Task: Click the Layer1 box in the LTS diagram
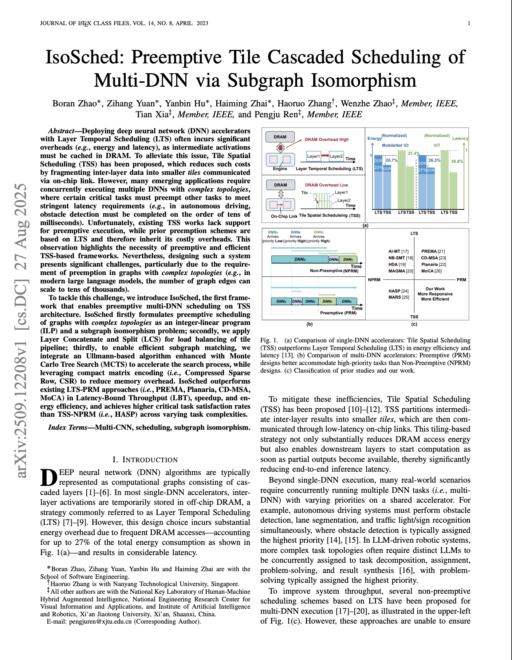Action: coord(313,156)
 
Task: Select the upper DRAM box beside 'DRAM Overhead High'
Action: coord(280,137)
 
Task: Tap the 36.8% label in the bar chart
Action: coord(457,161)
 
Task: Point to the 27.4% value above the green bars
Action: coord(414,153)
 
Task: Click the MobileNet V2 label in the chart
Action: coord(395,145)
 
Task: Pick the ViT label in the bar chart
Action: coord(437,145)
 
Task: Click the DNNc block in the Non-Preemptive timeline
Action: coord(348,259)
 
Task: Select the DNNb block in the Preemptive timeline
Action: coord(297,301)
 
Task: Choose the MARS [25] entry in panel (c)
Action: coord(399,297)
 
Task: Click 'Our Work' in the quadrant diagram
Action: coord(435,289)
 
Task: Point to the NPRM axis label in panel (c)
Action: coord(374,280)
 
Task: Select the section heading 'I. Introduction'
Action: coord(145,460)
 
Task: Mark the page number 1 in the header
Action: coord(469,23)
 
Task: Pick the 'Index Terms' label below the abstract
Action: coord(68,427)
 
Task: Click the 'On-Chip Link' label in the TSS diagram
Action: coord(284,216)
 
